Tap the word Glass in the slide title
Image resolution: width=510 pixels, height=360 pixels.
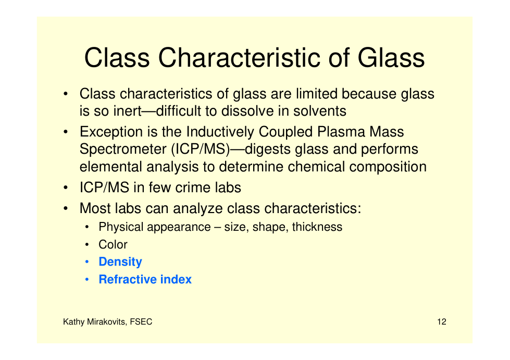[x=391, y=58]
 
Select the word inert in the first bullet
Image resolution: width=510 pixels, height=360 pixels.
[x=127, y=111]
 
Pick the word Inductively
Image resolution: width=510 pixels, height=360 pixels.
[x=220, y=132]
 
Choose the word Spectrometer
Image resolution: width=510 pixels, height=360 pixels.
[x=123, y=150]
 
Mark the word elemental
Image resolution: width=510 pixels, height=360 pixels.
[x=111, y=167]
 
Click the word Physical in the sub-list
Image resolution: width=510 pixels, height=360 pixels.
[x=121, y=227]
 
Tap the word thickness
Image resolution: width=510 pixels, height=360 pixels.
[x=317, y=227]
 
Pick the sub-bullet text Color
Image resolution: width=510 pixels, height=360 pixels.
[x=113, y=244]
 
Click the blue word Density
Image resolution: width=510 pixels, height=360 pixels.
[x=120, y=262]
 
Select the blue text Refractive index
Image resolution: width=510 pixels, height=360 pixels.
[x=145, y=279]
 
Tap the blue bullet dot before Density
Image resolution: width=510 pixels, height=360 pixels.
[x=87, y=262]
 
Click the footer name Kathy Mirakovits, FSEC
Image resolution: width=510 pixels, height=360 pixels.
[x=108, y=322]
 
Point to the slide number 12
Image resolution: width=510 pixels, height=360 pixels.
[x=442, y=321]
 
